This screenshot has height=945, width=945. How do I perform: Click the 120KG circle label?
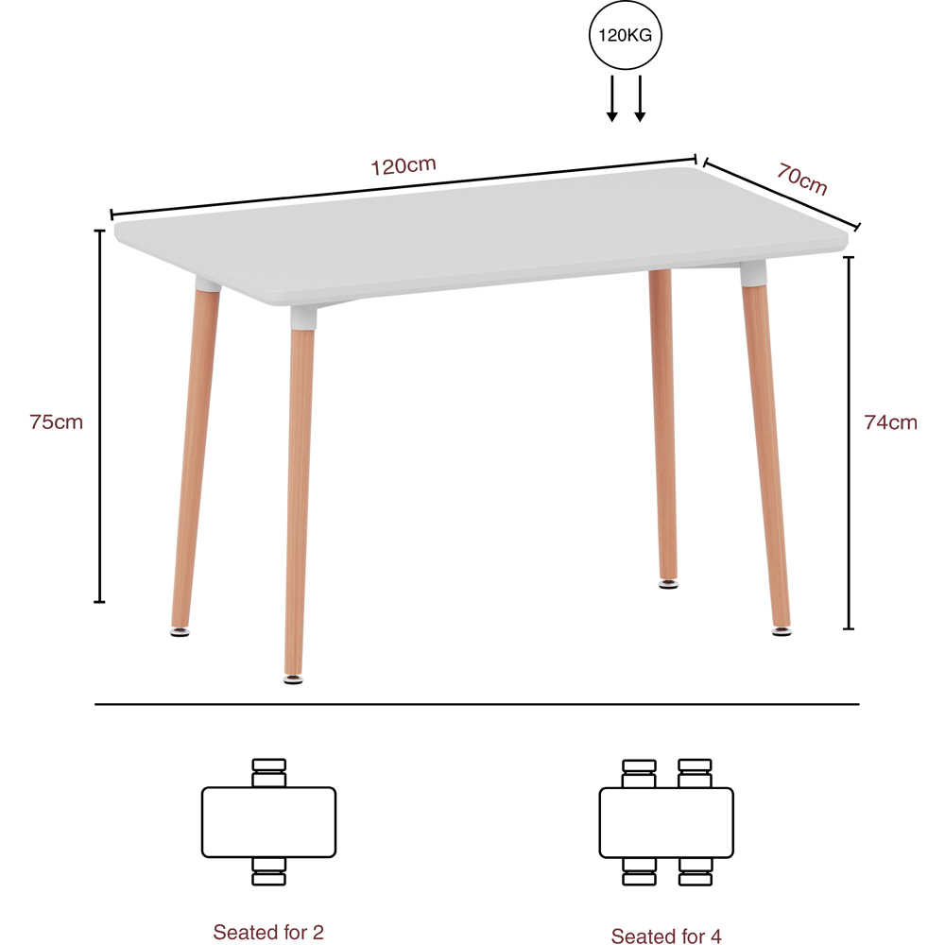coord(626,37)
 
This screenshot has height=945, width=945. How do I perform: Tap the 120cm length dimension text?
coord(404,165)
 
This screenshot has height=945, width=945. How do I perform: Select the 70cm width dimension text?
coord(802,178)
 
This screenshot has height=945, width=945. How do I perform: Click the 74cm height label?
coord(890,422)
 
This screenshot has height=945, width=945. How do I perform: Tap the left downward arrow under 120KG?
coord(612,98)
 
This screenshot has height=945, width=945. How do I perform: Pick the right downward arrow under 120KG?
coord(640,98)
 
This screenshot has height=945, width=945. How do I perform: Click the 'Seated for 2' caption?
coord(268,933)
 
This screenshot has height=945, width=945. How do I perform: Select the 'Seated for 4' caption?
coord(666,936)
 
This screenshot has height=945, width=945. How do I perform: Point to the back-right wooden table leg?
coord(663,425)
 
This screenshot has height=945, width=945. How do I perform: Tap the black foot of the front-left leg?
coord(294,677)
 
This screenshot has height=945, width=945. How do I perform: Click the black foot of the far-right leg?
coord(781,629)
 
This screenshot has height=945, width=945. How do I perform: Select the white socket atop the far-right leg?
coord(752,275)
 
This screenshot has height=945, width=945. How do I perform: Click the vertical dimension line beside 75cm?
coord(99,416)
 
